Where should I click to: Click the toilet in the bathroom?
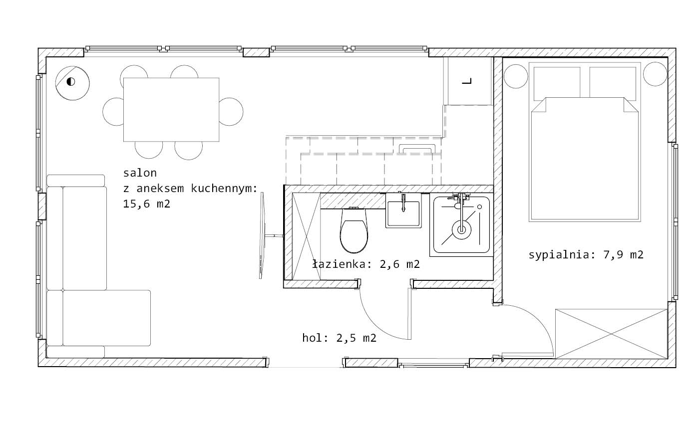[x=354, y=230]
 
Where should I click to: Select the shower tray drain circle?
[x=461, y=230]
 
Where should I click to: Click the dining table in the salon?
[x=171, y=110]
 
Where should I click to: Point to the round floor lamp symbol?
[x=72, y=83]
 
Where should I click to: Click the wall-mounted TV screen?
[x=262, y=235]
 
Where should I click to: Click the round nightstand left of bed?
[x=516, y=76]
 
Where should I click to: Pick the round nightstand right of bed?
[x=655, y=74]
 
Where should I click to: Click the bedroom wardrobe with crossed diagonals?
[x=611, y=334]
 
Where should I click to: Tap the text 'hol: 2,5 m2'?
[x=339, y=338]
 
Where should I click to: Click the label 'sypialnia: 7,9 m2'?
[x=586, y=255]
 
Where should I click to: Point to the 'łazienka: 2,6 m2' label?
[x=366, y=264]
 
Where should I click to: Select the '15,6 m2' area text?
[x=147, y=204]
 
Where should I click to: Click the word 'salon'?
[x=140, y=173]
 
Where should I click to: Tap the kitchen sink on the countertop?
[x=417, y=149]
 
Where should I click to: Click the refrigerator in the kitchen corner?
[x=468, y=81]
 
